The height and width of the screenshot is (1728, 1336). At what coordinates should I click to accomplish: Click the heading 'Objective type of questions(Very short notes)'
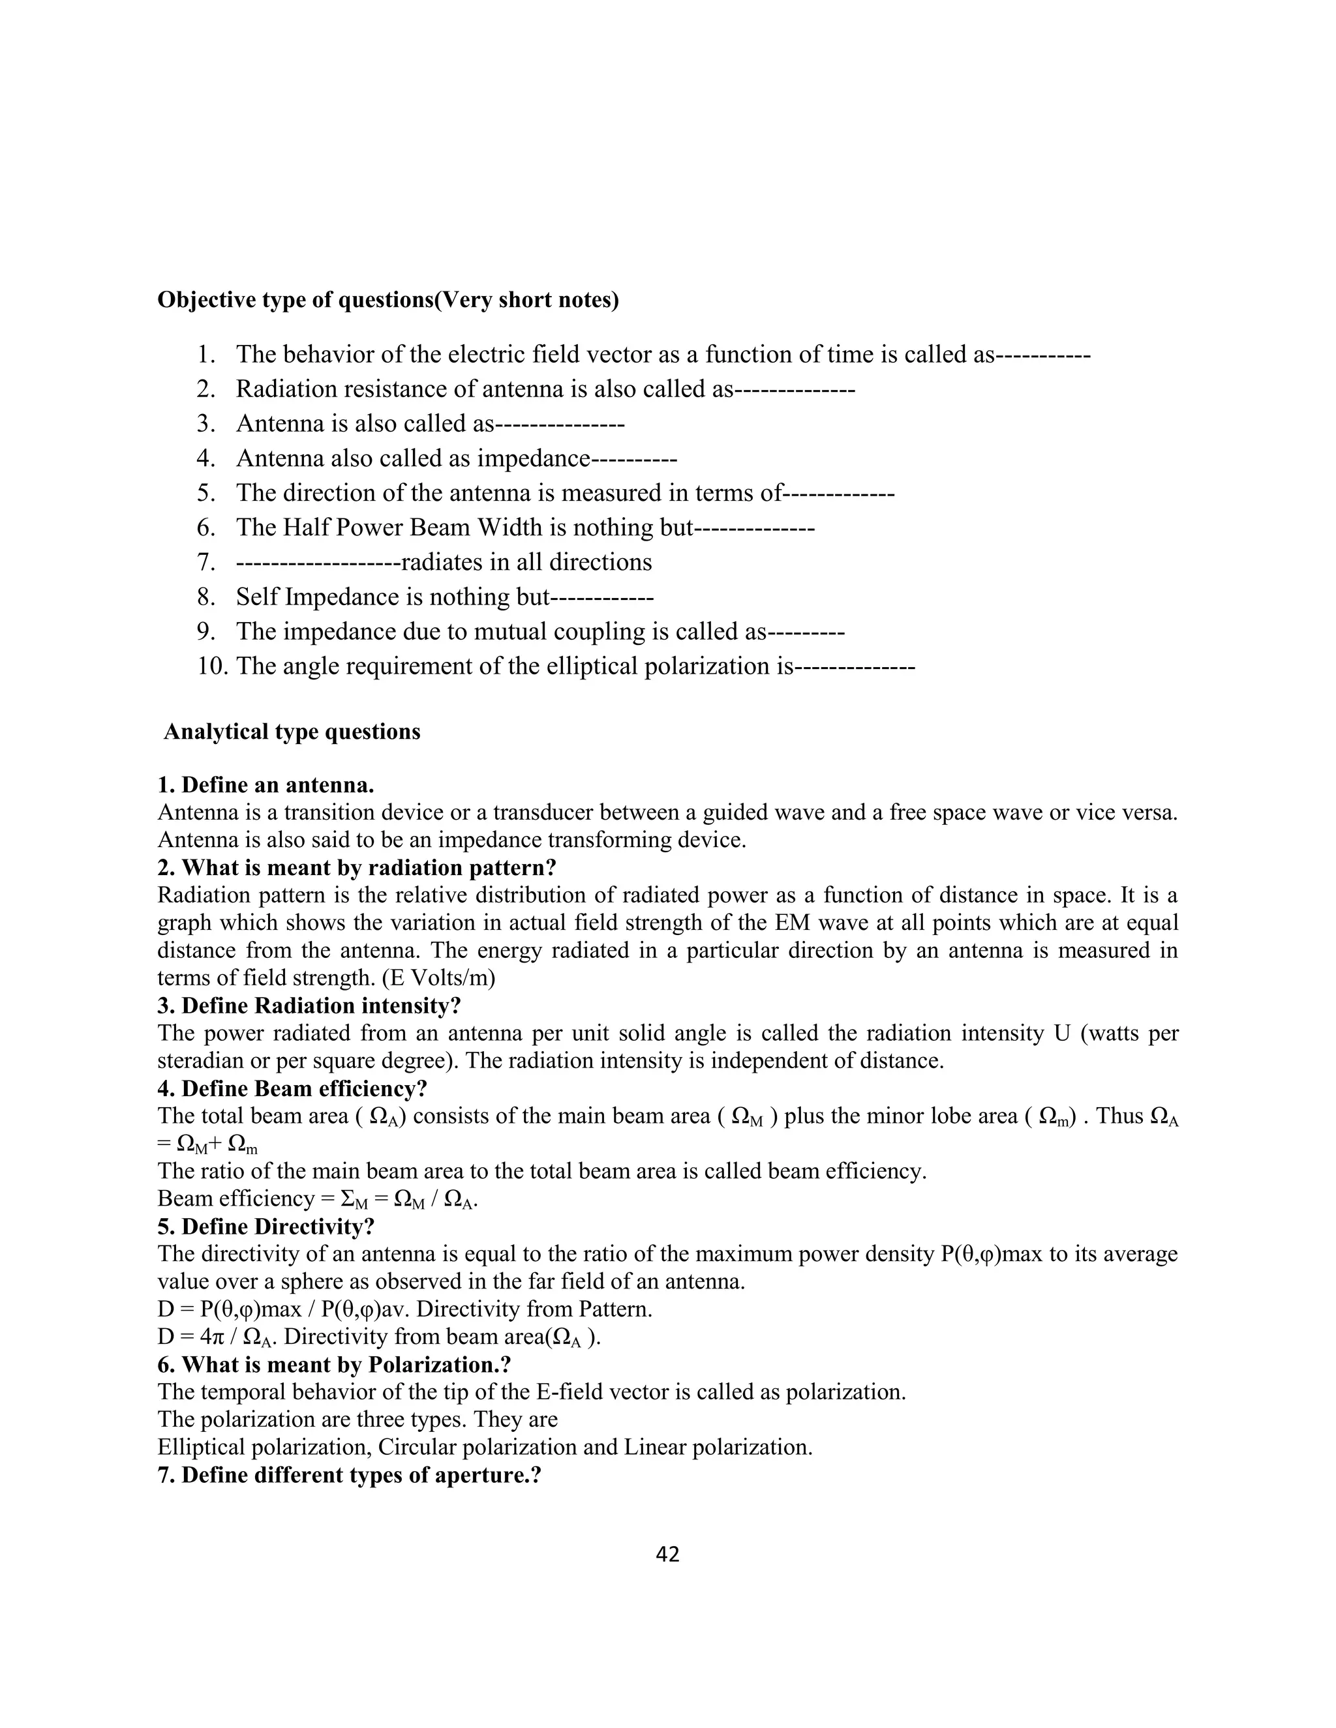pyautogui.click(x=388, y=300)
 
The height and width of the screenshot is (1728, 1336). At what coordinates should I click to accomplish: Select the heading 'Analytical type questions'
pyautogui.click(x=292, y=731)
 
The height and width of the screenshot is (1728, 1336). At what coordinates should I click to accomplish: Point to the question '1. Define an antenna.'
pyautogui.click(x=266, y=785)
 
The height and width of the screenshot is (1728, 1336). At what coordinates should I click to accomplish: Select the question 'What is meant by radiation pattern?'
pyautogui.click(x=369, y=868)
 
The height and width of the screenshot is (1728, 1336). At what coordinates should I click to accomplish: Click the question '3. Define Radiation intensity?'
pyautogui.click(x=309, y=1006)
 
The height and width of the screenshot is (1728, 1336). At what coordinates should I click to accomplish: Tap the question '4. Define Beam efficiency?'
pyautogui.click(x=293, y=1089)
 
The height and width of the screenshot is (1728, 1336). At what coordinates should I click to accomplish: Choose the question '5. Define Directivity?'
pyautogui.click(x=266, y=1227)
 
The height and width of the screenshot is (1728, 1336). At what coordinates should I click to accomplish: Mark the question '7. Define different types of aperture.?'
pyautogui.click(x=349, y=1476)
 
